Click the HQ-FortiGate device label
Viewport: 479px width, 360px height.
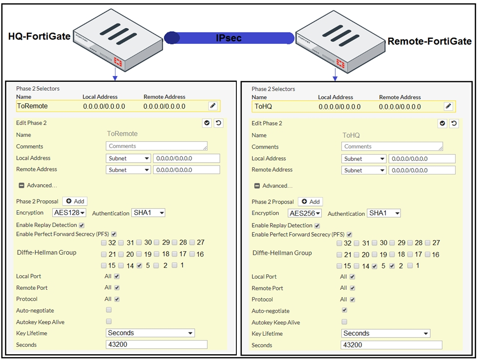[39, 37]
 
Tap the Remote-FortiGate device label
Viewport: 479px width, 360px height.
[429, 41]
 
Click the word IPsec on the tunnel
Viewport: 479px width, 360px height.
[229, 38]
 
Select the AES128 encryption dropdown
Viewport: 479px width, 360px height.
[69, 212]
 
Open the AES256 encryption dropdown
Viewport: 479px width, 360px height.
[305, 213]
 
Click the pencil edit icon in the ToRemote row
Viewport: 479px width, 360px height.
[213, 106]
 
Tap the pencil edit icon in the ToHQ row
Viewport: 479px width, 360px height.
[448, 106]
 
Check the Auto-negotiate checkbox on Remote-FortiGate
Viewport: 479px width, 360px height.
[345, 310]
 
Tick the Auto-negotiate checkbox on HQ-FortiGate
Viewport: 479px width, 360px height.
[109, 310]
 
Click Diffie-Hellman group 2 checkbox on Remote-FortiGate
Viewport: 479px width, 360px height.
[392, 266]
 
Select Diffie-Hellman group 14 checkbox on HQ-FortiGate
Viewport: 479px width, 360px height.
[121, 265]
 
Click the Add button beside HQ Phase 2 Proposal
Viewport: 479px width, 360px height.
[75, 201]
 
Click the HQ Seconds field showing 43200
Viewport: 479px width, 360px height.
[156, 344]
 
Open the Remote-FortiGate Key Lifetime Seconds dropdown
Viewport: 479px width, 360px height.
[385, 333]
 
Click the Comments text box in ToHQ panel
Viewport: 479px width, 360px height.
[392, 146]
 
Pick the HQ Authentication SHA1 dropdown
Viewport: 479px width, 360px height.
[148, 212]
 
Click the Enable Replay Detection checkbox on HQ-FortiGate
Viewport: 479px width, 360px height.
[81, 226]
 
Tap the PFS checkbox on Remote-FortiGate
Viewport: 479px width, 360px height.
[349, 234]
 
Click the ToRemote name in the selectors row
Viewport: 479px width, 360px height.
[32, 106]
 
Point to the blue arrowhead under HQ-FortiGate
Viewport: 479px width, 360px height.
[115, 78]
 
